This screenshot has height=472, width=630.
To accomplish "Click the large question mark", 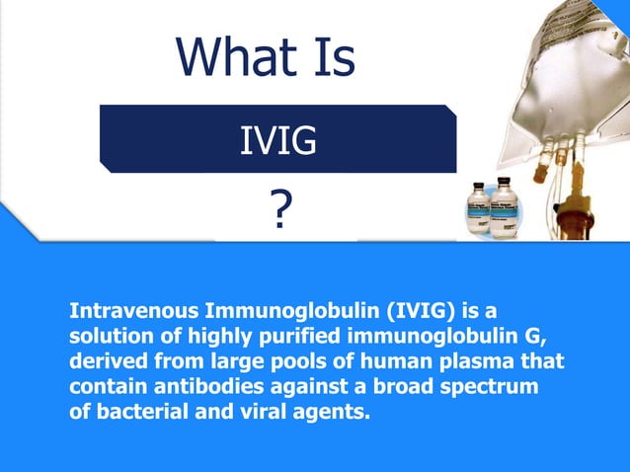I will click(280, 211).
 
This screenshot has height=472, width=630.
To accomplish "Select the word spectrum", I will click(491, 387).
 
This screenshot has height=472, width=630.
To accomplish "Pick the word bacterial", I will click(135, 413).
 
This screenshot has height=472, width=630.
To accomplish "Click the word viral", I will click(247, 413).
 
